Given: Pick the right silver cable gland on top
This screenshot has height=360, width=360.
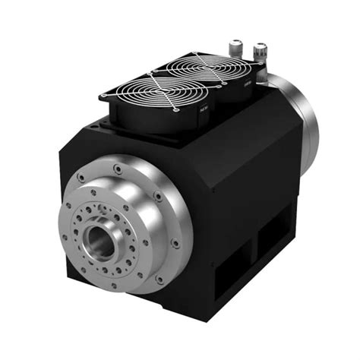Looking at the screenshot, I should [x=260, y=52].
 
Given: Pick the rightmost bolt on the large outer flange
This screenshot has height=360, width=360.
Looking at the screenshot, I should [x=175, y=244].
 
